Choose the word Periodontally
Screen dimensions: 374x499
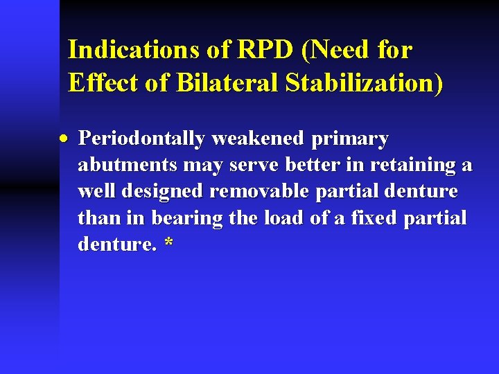(142, 139)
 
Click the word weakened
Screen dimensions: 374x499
(259, 139)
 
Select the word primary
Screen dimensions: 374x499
(350, 139)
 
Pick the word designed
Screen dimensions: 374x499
(160, 191)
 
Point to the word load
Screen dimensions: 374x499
(283, 217)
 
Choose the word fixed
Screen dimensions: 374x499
(381, 217)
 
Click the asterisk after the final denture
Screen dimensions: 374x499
(168, 244)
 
